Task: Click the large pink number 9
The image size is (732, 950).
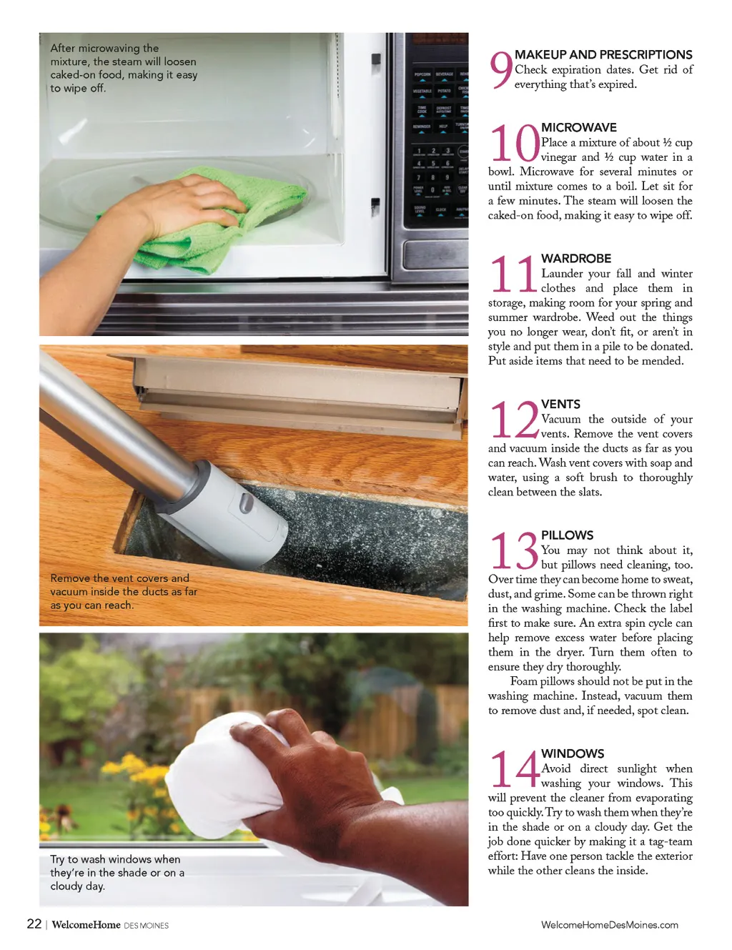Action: click(501, 70)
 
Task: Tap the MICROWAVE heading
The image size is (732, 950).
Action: click(578, 127)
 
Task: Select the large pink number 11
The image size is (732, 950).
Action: click(513, 274)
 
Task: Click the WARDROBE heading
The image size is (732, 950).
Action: click(576, 258)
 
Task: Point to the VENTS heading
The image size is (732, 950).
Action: click(560, 404)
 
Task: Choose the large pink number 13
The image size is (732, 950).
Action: click(514, 550)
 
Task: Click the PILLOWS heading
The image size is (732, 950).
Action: click(568, 535)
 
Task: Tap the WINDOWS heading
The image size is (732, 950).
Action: click(573, 753)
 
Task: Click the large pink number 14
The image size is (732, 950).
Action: click(515, 768)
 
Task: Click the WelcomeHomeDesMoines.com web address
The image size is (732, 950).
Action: click(610, 925)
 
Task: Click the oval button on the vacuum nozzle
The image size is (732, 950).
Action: click(247, 503)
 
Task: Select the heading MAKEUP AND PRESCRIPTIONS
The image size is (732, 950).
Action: click(603, 54)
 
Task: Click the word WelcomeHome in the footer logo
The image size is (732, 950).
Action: click(86, 925)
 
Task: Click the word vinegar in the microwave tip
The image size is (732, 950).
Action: click(557, 157)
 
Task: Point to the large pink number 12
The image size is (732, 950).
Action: click(515, 420)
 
